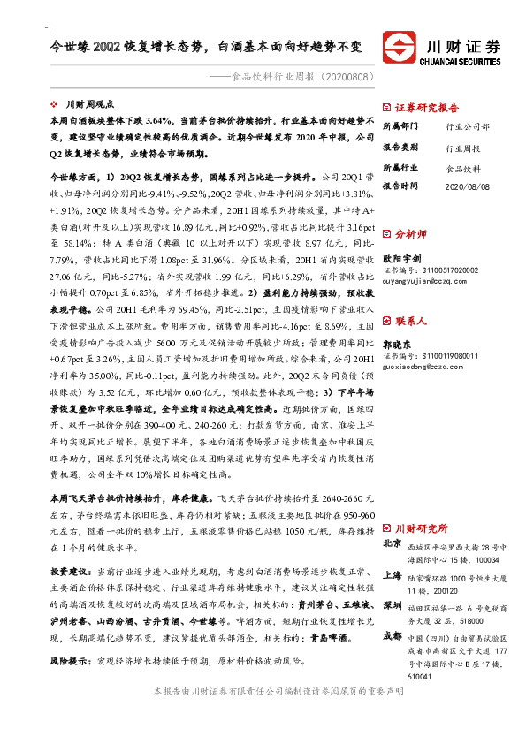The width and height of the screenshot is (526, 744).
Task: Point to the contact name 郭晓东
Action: point(398,342)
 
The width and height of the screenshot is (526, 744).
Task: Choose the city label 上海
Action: point(393,574)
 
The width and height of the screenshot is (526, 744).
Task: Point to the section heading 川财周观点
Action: point(89,103)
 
